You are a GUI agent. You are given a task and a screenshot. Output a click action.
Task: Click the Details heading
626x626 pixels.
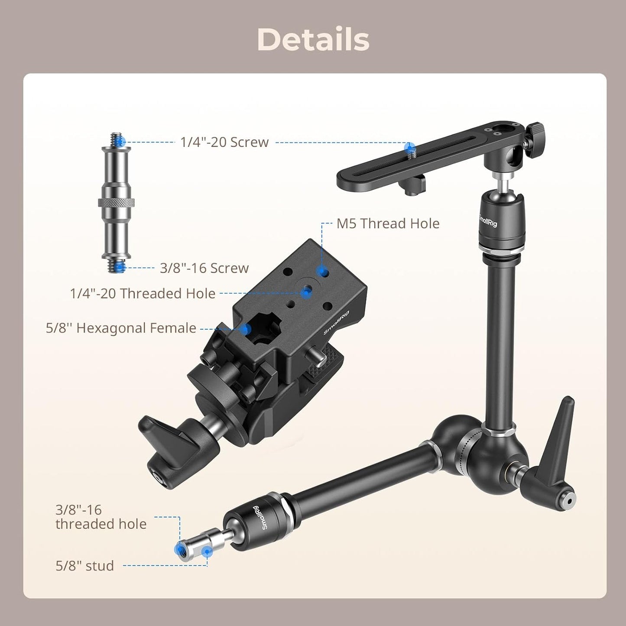click(x=313, y=40)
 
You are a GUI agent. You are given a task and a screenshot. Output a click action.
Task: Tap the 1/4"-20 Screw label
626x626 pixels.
click(x=224, y=142)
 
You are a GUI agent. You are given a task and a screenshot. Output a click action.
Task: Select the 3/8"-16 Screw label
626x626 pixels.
click(x=204, y=268)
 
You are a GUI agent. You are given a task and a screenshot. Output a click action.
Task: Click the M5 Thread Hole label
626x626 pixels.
click(x=388, y=224)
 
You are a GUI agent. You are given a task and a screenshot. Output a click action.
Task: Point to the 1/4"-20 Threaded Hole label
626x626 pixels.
click(x=143, y=294)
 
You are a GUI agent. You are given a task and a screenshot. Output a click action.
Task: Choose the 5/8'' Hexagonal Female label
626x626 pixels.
click(x=121, y=328)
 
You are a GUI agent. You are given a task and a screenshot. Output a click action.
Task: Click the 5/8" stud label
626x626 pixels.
click(x=84, y=566)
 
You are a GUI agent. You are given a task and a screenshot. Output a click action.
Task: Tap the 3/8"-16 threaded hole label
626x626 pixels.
click(x=101, y=517)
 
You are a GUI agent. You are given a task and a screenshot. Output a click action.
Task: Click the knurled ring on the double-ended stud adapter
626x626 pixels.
click(x=116, y=202)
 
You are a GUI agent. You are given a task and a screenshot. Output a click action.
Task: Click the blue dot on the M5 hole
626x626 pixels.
click(x=321, y=272)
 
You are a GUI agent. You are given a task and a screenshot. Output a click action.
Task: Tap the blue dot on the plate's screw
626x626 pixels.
click(x=409, y=147)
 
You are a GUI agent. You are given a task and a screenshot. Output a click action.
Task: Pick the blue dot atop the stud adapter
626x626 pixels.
click(x=122, y=141)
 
